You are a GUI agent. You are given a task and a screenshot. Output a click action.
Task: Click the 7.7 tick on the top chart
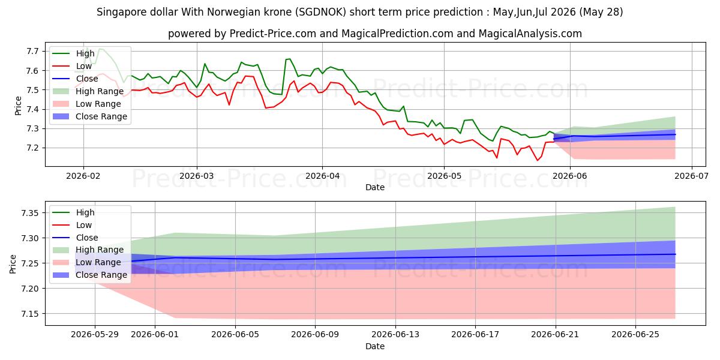[32, 51]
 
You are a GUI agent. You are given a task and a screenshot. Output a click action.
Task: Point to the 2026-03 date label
[196, 176]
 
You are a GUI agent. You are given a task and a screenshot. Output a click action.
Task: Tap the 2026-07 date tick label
[691, 176]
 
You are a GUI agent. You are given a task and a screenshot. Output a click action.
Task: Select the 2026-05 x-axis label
[444, 176]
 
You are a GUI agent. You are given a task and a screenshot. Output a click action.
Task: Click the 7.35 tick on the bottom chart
[30, 213]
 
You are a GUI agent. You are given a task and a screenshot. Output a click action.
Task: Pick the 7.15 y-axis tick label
[30, 314]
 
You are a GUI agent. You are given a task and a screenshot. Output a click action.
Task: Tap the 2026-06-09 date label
[315, 335]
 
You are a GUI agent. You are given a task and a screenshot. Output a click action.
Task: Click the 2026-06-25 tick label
[635, 335]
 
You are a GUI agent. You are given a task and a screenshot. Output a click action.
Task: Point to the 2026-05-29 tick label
[95, 335]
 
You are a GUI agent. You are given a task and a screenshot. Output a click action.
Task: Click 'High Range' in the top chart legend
[100, 91]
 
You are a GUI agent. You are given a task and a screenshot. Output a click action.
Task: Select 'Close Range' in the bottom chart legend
[101, 275]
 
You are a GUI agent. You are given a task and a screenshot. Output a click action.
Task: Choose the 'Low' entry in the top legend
[84, 66]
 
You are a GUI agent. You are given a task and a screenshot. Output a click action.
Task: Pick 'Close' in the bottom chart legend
[87, 238]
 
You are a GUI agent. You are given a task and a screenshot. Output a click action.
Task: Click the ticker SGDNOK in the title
[321, 12]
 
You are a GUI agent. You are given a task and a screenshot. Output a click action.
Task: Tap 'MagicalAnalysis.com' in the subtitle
[530, 34]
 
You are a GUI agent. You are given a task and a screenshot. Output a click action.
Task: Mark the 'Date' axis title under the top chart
[375, 187]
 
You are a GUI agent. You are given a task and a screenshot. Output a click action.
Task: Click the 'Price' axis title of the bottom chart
[13, 264]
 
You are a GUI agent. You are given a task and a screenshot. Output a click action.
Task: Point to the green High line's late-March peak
[289, 59]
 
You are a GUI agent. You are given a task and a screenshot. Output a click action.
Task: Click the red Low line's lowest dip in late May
[538, 160]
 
